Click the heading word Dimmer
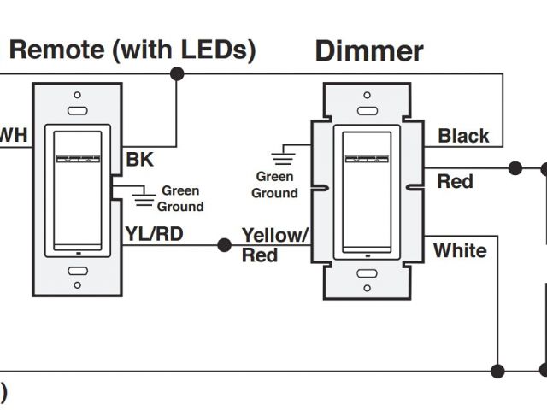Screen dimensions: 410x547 tap(369, 50)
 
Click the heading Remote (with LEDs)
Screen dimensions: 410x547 tap(132, 49)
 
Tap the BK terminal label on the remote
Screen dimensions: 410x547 tap(139, 159)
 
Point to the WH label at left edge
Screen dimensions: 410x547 tap(13, 136)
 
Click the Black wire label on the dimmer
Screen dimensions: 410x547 tap(463, 136)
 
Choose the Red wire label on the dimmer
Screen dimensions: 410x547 tap(455, 181)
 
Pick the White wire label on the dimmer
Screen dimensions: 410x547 tap(460, 251)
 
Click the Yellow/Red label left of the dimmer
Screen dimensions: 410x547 tap(273, 244)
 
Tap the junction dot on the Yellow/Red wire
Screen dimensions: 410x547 tap(224, 245)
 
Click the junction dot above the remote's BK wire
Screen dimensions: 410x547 tap(177, 74)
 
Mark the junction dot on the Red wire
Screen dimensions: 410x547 tap(515, 168)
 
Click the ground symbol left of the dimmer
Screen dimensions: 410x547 tap(280, 156)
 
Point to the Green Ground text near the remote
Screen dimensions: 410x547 tap(180, 199)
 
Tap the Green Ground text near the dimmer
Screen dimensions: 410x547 tap(274, 184)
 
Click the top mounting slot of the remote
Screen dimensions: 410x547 tap(77, 110)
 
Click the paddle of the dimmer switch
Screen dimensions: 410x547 tap(367, 190)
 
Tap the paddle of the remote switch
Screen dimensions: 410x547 tap(77, 190)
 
